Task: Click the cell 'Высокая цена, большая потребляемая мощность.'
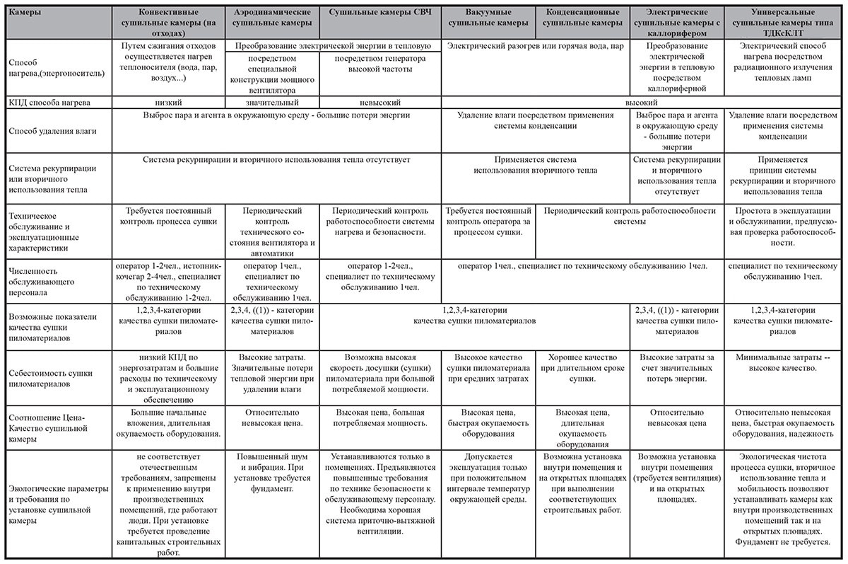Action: click(x=379, y=418)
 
